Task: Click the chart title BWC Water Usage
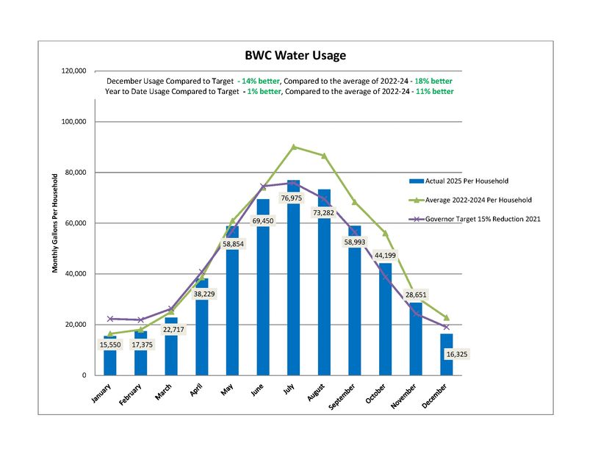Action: tap(295, 55)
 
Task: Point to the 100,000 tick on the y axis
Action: tap(73, 121)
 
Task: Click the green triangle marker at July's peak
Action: tap(294, 147)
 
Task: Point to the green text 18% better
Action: tap(433, 80)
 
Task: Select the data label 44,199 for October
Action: tap(385, 256)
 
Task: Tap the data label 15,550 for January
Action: tap(110, 344)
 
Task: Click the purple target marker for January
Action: tap(110, 319)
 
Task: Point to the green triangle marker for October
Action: tap(385, 233)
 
